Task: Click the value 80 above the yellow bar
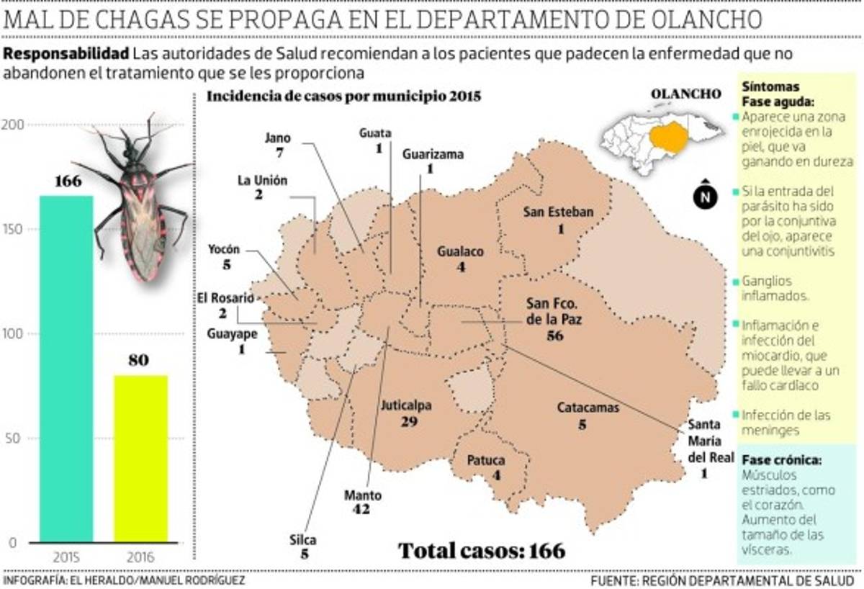point(138,360)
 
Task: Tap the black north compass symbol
point(706,196)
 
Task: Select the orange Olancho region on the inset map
point(673,135)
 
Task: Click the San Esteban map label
point(559,212)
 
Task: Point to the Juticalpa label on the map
point(408,405)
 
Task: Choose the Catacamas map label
point(588,408)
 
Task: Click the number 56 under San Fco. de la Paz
point(554,336)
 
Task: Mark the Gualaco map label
point(460,251)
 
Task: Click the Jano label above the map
point(277,137)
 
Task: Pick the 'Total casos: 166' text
point(482,551)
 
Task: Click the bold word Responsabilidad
point(67,54)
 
